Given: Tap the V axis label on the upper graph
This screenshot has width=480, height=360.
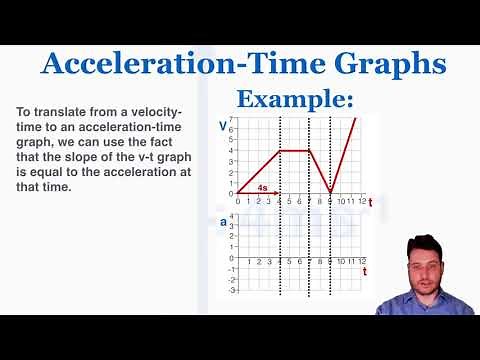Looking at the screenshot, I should (x=222, y=126).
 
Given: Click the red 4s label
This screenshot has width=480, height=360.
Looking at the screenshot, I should (x=263, y=187).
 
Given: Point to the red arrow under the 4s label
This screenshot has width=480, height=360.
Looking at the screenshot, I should (x=259, y=192).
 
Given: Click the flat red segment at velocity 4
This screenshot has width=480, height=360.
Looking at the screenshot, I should (x=295, y=150).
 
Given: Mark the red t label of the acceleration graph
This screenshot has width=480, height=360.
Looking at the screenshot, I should (x=365, y=271).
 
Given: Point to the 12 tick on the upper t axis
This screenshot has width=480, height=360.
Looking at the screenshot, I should (x=362, y=201).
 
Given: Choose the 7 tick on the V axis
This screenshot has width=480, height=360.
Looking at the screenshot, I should (x=231, y=119).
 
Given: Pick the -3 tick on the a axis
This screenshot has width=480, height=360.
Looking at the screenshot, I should (x=230, y=290).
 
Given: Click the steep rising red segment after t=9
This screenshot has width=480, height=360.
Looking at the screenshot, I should (x=343, y=155).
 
